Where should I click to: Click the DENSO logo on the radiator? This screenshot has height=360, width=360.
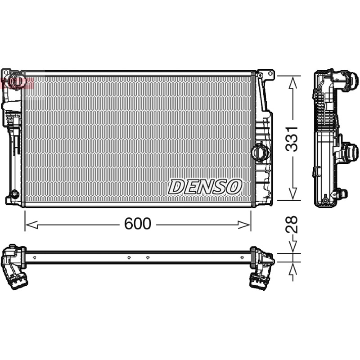click(205, 186)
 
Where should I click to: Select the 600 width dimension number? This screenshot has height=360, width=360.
click(138, 223)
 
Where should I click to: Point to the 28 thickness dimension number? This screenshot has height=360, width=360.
click(292, 224)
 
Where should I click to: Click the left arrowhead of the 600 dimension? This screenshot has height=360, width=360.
click(31, 225)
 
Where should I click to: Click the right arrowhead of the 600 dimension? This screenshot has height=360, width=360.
click(244, 225)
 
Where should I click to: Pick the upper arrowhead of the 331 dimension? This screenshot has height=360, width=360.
click(292, 82)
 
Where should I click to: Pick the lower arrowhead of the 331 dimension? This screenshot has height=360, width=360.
click(292, 193)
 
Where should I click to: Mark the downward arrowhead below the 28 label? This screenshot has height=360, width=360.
click(292, 246)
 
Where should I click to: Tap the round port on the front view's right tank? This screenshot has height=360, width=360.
click(260, 151)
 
